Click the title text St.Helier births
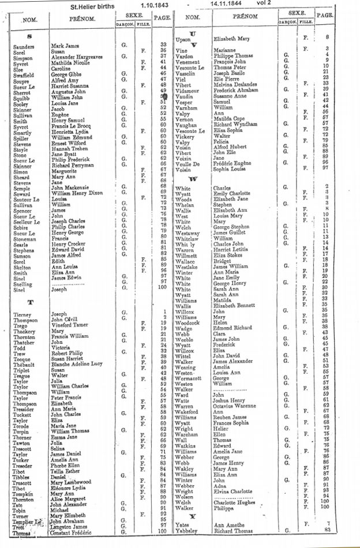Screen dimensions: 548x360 [96, 7]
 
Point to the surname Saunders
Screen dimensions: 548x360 [24, 45]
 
